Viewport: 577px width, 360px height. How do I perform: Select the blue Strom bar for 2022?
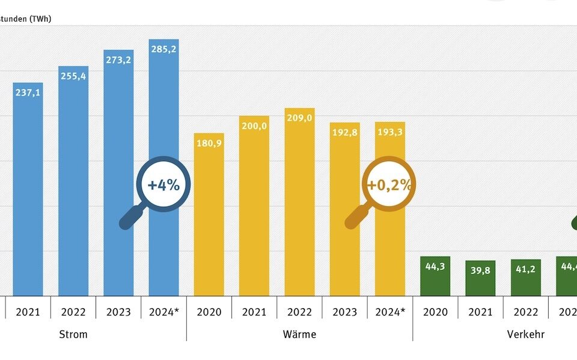(x=73, y=180)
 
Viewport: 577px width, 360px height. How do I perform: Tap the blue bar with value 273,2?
(x=118, y=174)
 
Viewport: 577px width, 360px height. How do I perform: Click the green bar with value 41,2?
(x=526, y=278)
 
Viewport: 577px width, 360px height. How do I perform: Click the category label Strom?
(x=74, y=334)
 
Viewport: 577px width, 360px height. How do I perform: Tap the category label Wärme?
(x=299, y=334)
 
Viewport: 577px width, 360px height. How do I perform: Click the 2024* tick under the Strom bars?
(x=163, y=313)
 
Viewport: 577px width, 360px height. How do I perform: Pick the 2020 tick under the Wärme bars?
(x=209, y=313)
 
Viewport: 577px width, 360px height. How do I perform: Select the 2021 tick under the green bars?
(x=480, y=313)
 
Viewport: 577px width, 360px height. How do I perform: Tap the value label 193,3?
(x=389, y=132)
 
